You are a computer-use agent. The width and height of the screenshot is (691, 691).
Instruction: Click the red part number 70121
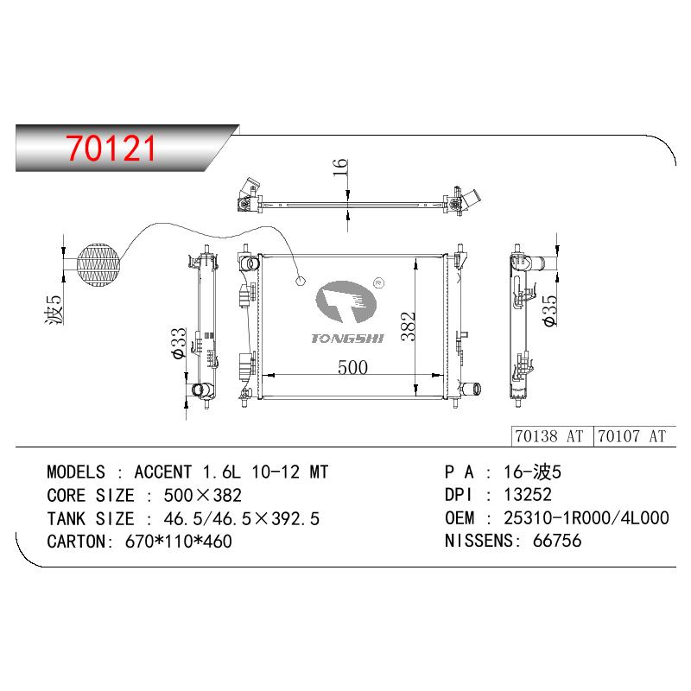[111, 148]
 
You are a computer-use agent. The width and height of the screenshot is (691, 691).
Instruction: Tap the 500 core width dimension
[352, 366]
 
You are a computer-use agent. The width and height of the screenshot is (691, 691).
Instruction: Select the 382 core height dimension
[408, 326]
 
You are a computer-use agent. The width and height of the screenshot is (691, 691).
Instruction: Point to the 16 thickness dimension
[340, 168]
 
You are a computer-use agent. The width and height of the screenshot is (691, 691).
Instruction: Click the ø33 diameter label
[180, 344]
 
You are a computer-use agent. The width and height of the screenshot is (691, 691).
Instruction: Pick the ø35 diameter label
[550, 311]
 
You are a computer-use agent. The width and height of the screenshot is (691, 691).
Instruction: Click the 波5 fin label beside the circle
[54, 309]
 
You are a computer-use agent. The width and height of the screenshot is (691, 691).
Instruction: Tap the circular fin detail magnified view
[98, 265]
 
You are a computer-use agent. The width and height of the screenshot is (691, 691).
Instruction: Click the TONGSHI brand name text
[347, 339]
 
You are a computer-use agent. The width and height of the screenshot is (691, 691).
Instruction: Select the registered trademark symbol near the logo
[378, 283]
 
